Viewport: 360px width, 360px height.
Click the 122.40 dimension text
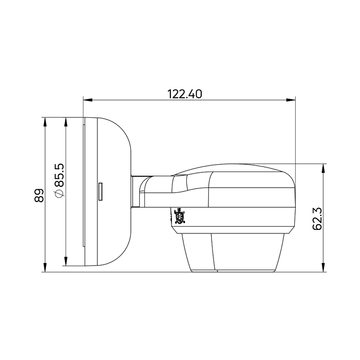click(185, 94)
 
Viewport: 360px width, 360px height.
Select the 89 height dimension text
click(39, 195)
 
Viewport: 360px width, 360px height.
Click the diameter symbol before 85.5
click(59, 194)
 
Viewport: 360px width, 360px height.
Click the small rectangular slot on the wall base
click(101, 191)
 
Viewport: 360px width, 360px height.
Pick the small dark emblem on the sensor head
click(180, 217)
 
